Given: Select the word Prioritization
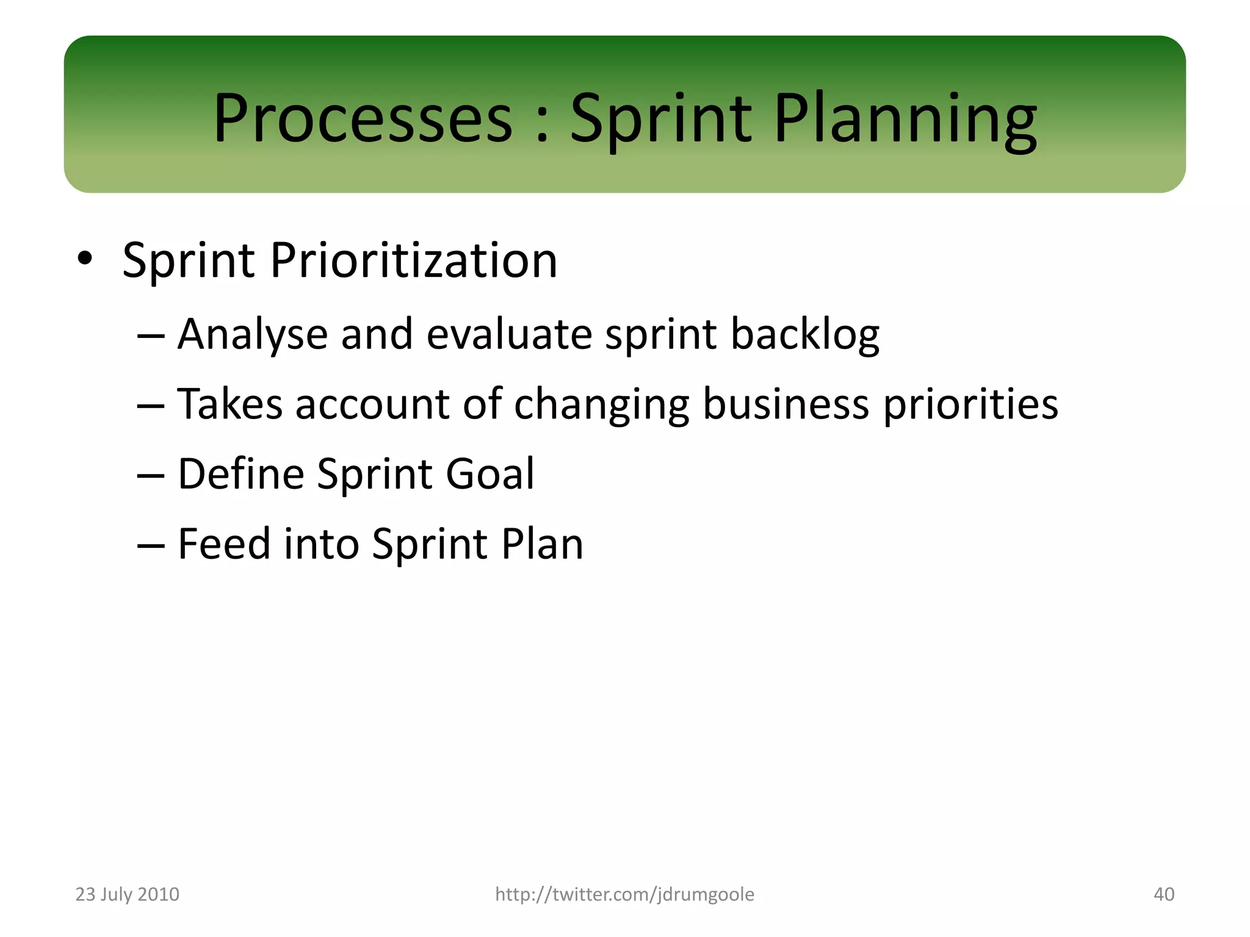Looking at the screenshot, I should point(413,260).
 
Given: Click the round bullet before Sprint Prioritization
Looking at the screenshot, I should point(85,259).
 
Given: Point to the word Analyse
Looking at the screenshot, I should point(253,335).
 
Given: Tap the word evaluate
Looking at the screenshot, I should point(509,335).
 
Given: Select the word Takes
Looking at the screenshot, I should point(229,404).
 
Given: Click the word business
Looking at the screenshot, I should point(786,404).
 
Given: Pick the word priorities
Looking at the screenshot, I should point(970,404).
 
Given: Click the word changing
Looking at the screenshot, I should point(602,405).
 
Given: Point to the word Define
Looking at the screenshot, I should point(240,474).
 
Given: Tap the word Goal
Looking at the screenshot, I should point(490,474).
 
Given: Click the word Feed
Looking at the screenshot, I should point(224,544).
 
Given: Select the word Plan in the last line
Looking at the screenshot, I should point(542,544).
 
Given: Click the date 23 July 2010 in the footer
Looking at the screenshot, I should point(127,894).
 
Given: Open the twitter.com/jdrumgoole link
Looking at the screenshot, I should point(624,894).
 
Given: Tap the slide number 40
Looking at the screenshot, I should point(1163,894).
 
